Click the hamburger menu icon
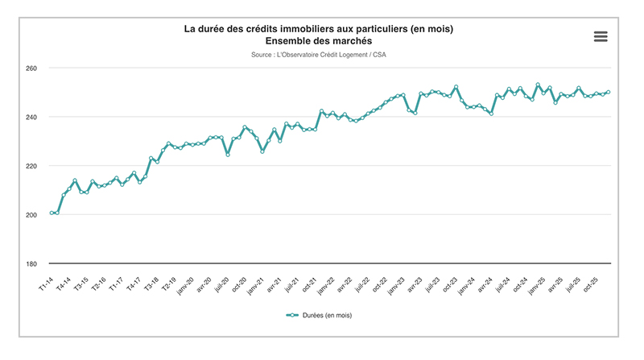point(600,36)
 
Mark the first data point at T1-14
point(52,213)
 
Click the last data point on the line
point(608,92)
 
